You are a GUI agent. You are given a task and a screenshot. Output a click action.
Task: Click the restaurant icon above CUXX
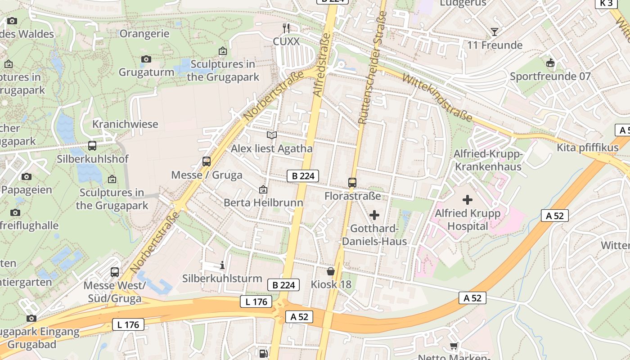pos(286,28)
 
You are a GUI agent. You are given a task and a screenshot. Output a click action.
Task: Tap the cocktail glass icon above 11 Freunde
pos(495,31)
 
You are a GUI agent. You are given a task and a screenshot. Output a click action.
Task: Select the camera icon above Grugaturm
pos(146,59)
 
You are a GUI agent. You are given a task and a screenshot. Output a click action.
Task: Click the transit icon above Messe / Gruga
pos(207,161)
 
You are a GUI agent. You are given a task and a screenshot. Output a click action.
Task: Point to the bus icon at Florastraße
pos(352,182)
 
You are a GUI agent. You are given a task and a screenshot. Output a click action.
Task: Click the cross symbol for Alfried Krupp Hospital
pos(468,199)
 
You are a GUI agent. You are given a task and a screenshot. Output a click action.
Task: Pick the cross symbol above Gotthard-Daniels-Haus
pos(374,215)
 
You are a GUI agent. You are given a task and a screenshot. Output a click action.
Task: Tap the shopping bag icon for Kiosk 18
pos(331,271)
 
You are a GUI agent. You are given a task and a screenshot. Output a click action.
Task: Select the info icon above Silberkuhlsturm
pos(222,265)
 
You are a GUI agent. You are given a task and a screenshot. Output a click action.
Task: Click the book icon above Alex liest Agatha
pos(271,135)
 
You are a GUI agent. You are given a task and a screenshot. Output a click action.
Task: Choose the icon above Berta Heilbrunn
pos(263,190)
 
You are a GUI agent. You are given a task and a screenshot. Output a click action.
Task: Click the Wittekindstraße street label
pos(437,98)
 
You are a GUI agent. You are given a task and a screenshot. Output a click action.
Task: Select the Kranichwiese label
pos(125,124)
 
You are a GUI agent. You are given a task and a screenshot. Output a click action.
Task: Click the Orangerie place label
pos(144,34)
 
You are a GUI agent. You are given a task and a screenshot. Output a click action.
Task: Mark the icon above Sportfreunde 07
pos(549,63)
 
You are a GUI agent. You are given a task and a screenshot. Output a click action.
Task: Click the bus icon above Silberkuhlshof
pos(92,145)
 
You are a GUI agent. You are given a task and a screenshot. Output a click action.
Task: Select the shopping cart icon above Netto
pos(454,346)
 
